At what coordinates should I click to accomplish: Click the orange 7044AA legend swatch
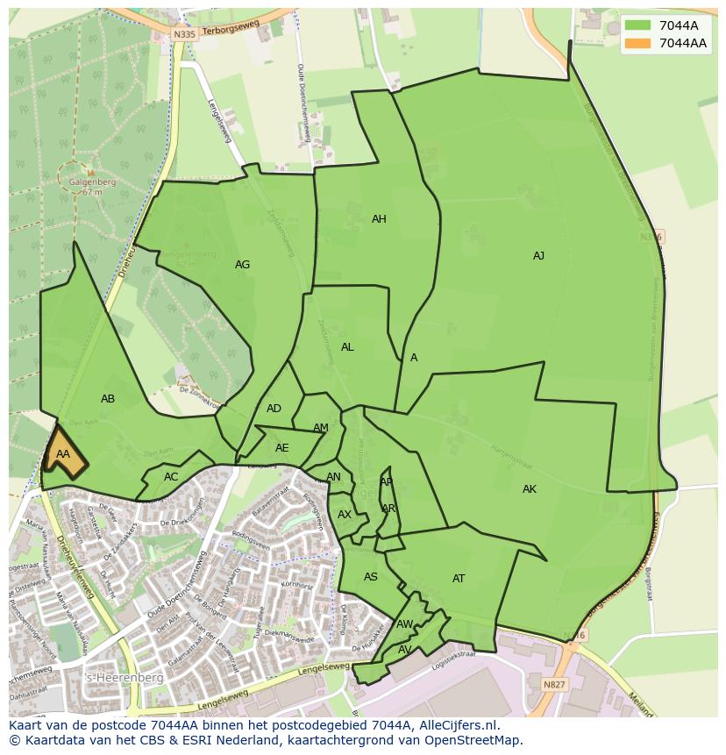pyautogui.click(x=638, y=43)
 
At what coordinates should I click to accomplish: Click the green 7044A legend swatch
pyautogui.click(x=638, y=25)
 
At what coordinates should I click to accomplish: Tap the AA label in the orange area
pyautogui.click(x=62, y=454)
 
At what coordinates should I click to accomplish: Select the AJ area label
pyautogui.click(x=538, y=256)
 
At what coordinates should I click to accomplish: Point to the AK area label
pyautogui.click(x=529, y=489)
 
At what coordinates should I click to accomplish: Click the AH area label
pyautogui.click(x=379, y=219)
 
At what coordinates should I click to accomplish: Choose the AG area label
pyautogui.click(x=242, y=265)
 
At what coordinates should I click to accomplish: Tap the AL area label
pyautogui.click(x=347, y=347)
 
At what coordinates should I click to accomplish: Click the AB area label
pyautogui.click(x=108, y=399)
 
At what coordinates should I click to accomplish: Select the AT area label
pyautogui.click(x=459, y=579)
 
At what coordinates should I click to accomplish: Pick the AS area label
pyautogui.click(x=371, y=577)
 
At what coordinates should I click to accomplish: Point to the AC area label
pyautogui.click(x=171, y=477)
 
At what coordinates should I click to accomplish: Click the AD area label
pyautogui.click(x=274, y=409)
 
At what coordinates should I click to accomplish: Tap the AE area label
pyautogui.click(x=281, y=448)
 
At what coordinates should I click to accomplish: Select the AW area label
pyautogui.click(x=404, y=624)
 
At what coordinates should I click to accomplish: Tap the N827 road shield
pyautogui.click(x=553, y=685)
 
